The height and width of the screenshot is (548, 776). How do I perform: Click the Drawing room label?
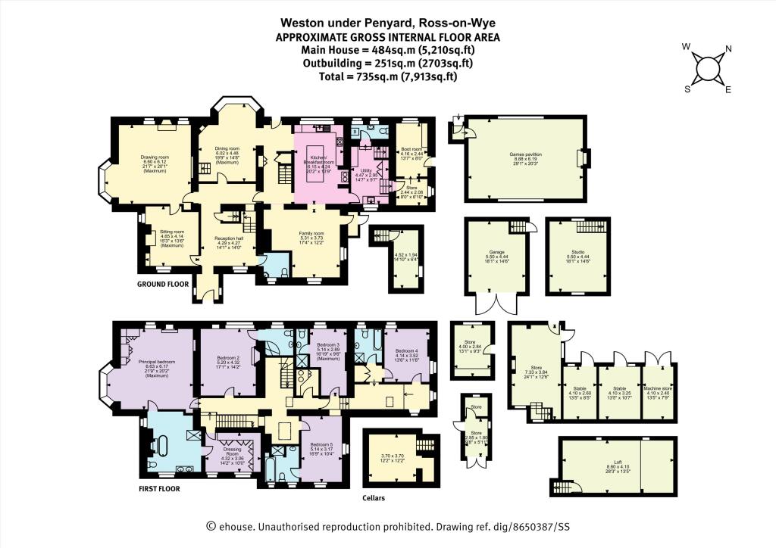pos(154,157)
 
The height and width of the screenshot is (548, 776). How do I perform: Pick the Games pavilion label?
pos(525,153)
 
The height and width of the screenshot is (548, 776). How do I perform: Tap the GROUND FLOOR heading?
pos(162,285)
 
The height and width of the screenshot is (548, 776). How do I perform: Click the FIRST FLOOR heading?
pos(159,488)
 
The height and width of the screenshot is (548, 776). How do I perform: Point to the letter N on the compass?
pos(728,51)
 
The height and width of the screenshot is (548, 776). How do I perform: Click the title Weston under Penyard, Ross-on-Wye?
pos(387,23)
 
